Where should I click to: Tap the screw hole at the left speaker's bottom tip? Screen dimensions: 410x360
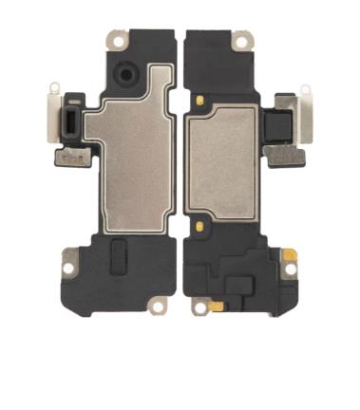click(x=159, y=305)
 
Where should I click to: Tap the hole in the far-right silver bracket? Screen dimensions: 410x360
click(x=305, y=91)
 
